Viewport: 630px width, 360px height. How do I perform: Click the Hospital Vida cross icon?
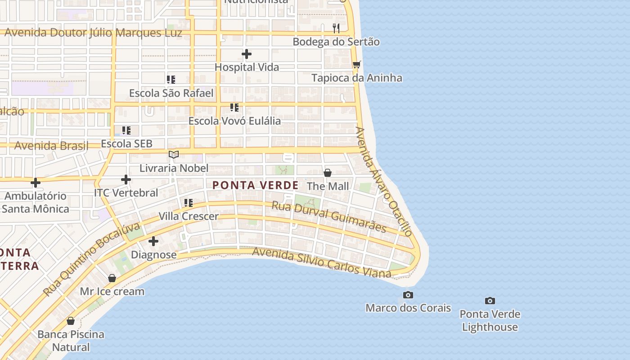click(247, 54)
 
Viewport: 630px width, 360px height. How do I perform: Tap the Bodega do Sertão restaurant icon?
click(336, 28)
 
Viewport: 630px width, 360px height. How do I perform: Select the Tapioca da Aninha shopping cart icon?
click(357, 65)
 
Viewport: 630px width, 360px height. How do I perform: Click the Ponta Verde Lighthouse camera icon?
click(490, 301)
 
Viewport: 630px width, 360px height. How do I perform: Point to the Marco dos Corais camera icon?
click(408, 295)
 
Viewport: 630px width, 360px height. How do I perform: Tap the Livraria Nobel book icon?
click(174, 155)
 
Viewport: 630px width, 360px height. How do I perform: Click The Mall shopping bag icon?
click(328, 173)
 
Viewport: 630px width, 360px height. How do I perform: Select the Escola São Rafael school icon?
click(171, 80)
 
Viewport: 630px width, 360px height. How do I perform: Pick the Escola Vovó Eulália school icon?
click(234, 108)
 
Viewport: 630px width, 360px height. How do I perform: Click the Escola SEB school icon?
click(126, 130)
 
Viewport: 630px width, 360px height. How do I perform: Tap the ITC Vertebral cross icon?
click(126, 180)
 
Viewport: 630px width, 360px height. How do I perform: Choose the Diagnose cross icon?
click(153, 241)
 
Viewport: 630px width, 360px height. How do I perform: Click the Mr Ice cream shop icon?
click(112, 278)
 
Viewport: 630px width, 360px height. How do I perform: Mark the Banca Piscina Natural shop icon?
click(71, 321)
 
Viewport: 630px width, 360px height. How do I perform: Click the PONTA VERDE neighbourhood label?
click(255, 185)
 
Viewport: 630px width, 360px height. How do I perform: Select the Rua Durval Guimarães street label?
click(328, 216)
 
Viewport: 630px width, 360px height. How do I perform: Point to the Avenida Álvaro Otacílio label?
click(383, 181)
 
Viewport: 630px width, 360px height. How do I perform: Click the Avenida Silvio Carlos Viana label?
click(321, 262)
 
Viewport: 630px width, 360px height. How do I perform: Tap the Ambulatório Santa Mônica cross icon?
click(36, 183)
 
